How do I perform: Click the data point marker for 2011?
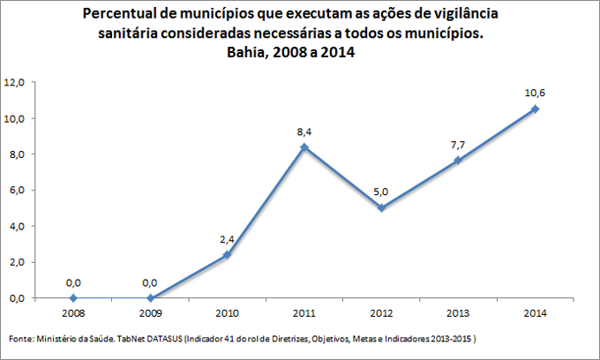pyautogui.click(x=304, y=147)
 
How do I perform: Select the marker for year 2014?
pyautogui.click(x=535, y=109)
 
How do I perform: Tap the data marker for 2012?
pyautogui.click(x=381, y=208)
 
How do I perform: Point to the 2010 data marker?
pyautogui.click(x=228, y=254)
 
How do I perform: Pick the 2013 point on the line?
pyautogui.click(x=458, y=160)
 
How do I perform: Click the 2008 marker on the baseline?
pyautogui.click(x=73, y=298)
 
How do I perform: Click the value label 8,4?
pyautogui.click(x=304, y=132)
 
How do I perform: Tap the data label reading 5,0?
pyautogui.click(x=381, y=191)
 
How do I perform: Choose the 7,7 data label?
pyautogui.click(x=458, y=143)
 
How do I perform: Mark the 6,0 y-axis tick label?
pyautogui.click(x=18, y=191)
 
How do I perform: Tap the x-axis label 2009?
pyautogui.click(x=150, y=312)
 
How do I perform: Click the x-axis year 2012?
pyautogui.click(x=381, y=312)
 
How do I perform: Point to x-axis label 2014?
pyautogui.click(x=535, y=312)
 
